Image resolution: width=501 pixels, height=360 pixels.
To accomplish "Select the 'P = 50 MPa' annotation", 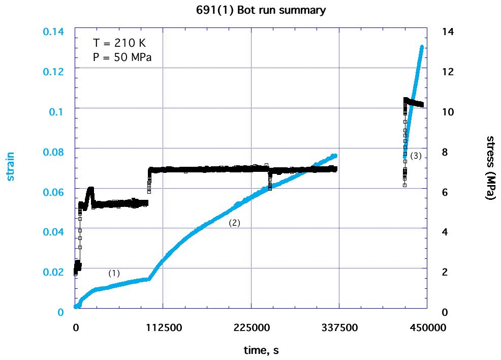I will tap(122, 57).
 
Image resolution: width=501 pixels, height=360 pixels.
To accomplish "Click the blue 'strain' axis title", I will tap(10, 166).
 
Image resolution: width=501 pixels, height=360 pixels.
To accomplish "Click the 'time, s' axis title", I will tap(260, 350).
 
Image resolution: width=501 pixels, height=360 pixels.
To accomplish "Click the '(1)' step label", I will tap(114, 273).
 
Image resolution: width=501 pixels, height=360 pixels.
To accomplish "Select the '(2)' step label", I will tap(234, 223).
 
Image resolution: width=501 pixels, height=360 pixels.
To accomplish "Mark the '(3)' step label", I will tap(416, 156).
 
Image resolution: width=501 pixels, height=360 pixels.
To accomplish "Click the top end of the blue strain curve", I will tap(422, 47).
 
